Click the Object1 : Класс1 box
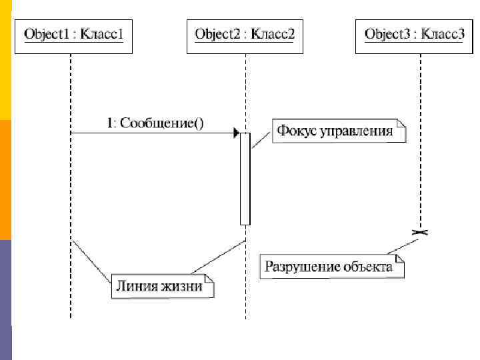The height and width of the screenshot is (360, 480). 73,34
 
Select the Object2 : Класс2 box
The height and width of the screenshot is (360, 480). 245,34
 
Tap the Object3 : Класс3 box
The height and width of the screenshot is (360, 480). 415,34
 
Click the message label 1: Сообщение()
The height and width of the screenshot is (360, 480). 156,123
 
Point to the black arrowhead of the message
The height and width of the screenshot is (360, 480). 236,133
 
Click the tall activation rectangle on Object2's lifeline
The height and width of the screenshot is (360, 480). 245,179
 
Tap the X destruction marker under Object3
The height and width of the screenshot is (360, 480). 421,231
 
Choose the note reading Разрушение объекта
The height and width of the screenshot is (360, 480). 332,267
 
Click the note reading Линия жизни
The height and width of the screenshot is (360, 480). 162,287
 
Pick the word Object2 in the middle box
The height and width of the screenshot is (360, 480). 215,34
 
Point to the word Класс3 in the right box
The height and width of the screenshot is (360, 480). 443,34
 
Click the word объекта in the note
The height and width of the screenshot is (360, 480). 368,267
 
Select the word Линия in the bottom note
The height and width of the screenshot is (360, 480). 137,287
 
